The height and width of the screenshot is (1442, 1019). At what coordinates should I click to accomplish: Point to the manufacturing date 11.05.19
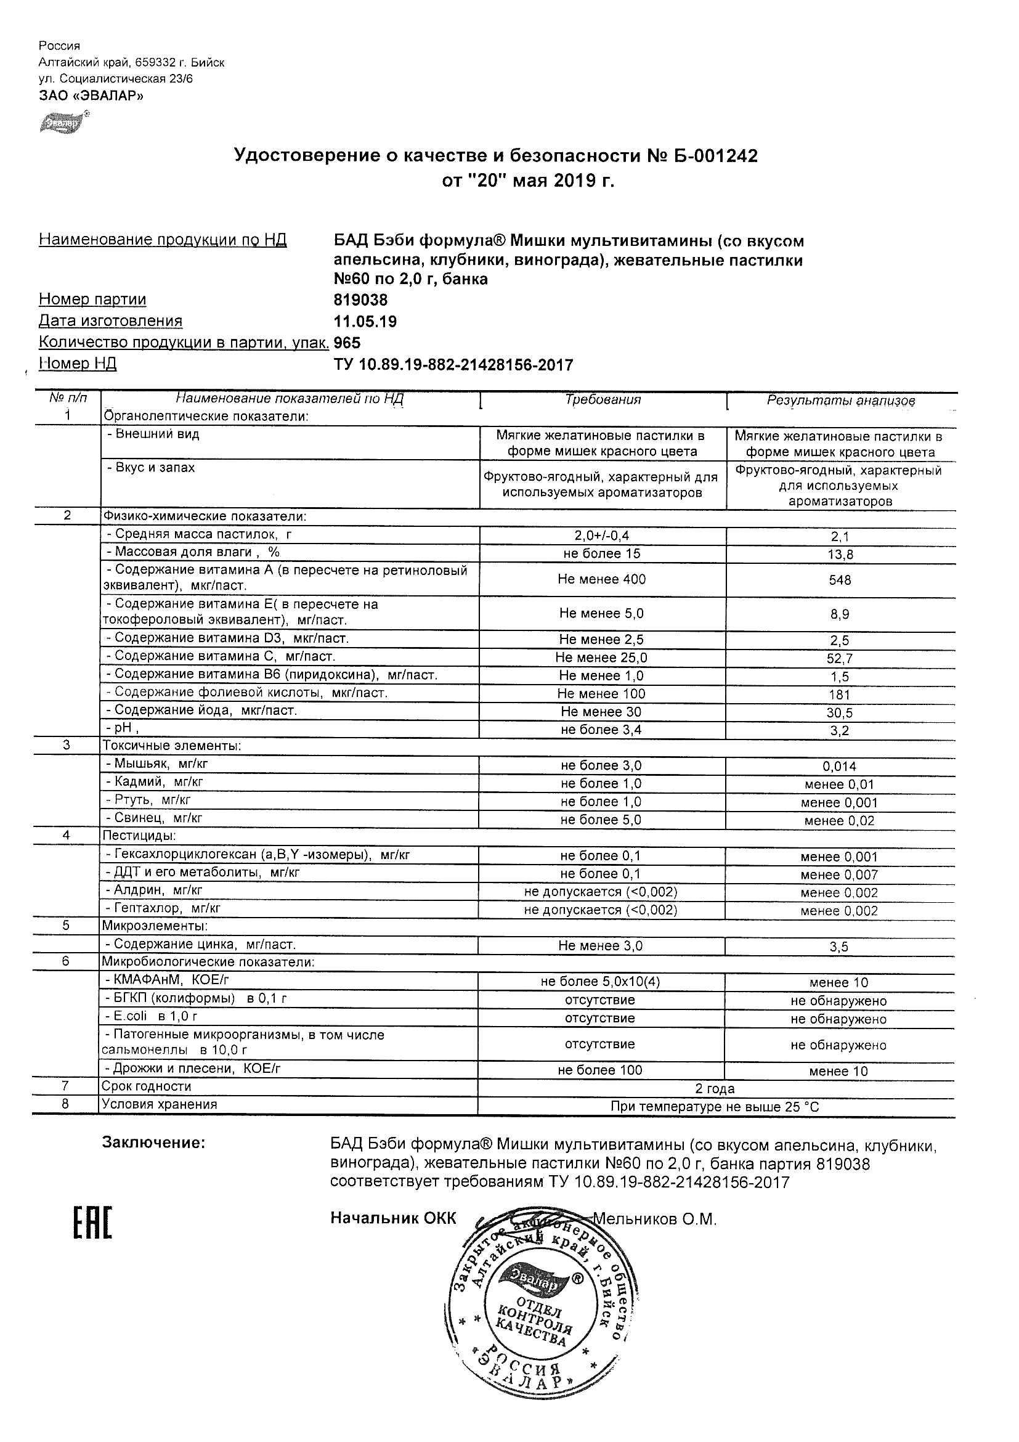click(365, 322)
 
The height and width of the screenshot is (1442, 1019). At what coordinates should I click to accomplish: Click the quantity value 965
click(347, 342)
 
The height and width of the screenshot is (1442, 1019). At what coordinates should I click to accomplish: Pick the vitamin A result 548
click(840, 580)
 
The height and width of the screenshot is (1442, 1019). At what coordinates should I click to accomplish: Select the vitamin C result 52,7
click(840, 659)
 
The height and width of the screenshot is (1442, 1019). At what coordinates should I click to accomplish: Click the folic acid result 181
click(840, 695)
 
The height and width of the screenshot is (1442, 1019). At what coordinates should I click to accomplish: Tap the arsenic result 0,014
click(840, 766)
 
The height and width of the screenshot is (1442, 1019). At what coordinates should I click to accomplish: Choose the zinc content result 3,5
click(839, 947)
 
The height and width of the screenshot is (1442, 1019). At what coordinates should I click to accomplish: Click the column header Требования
click(603, 399)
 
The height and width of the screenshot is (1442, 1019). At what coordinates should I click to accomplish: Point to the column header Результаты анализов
click(841, 401)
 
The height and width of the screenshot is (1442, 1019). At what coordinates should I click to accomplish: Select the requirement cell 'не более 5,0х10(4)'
click(600, 982)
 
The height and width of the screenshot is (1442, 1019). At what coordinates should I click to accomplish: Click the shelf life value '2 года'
click(715, 1088)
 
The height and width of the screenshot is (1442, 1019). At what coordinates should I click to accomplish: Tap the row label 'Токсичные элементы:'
click(171, 746)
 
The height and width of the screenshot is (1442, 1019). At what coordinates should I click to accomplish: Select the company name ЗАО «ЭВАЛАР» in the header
click(91, 96)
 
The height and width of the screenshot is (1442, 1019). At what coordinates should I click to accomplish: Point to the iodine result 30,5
click(840, 713)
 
